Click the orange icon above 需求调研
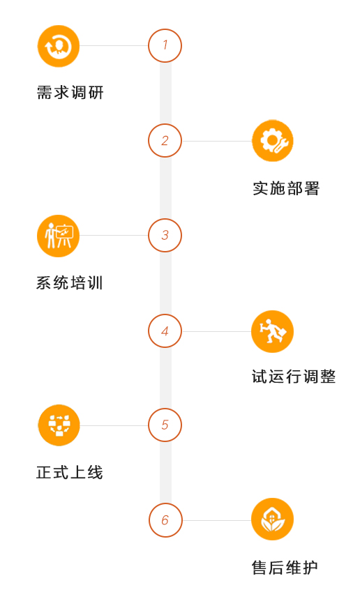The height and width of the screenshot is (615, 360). pos(59,46)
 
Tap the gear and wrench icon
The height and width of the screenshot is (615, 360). pos(273,141)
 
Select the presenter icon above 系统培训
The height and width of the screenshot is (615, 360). pos(58,236)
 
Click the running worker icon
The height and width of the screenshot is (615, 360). pos(273,331)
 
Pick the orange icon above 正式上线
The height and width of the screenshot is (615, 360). pos(59,425)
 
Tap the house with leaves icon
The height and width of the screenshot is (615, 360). pos(273,519)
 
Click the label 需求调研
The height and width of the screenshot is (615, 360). pos(70,93)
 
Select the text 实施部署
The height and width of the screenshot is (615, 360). pos(286,188)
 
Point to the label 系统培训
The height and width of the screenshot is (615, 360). pos(70,283)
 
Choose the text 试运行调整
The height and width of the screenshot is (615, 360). pos(294,377)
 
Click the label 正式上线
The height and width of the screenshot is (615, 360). pos(70,472)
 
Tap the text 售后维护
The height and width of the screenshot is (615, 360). pos(285,568)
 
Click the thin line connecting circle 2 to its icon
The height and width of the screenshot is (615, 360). pos(217,141)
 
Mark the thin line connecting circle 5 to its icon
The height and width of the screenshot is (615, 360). pos(114,425)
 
